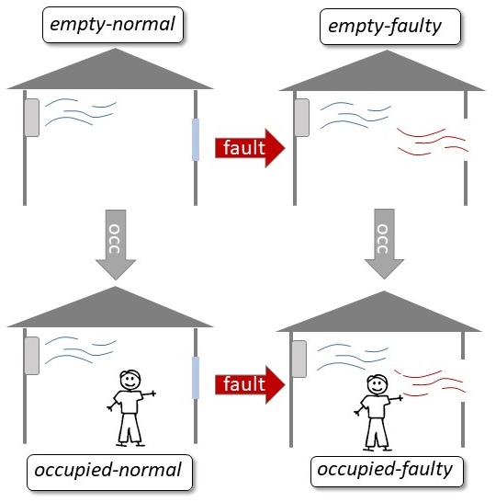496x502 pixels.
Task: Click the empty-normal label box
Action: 113,25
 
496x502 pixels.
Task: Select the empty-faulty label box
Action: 390,27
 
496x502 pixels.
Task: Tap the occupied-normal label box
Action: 109,473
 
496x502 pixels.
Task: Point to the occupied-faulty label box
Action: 387,472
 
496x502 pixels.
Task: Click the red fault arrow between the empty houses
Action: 250,148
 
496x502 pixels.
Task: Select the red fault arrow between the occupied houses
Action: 250,384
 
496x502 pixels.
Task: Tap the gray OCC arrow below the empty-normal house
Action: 116,245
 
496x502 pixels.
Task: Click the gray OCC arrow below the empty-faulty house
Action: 384,244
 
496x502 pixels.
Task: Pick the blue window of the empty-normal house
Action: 196,140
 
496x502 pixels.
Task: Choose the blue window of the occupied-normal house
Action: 196,378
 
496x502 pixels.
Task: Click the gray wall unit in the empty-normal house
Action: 32,118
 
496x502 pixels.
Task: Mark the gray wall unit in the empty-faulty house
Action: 302,118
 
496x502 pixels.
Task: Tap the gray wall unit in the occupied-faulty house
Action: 299,359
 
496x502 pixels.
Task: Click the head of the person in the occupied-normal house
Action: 130,380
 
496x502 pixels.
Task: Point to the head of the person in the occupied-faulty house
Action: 378,384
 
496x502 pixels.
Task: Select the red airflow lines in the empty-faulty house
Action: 433,142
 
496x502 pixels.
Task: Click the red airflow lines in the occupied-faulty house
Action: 430,382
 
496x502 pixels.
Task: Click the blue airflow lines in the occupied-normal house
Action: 81,350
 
